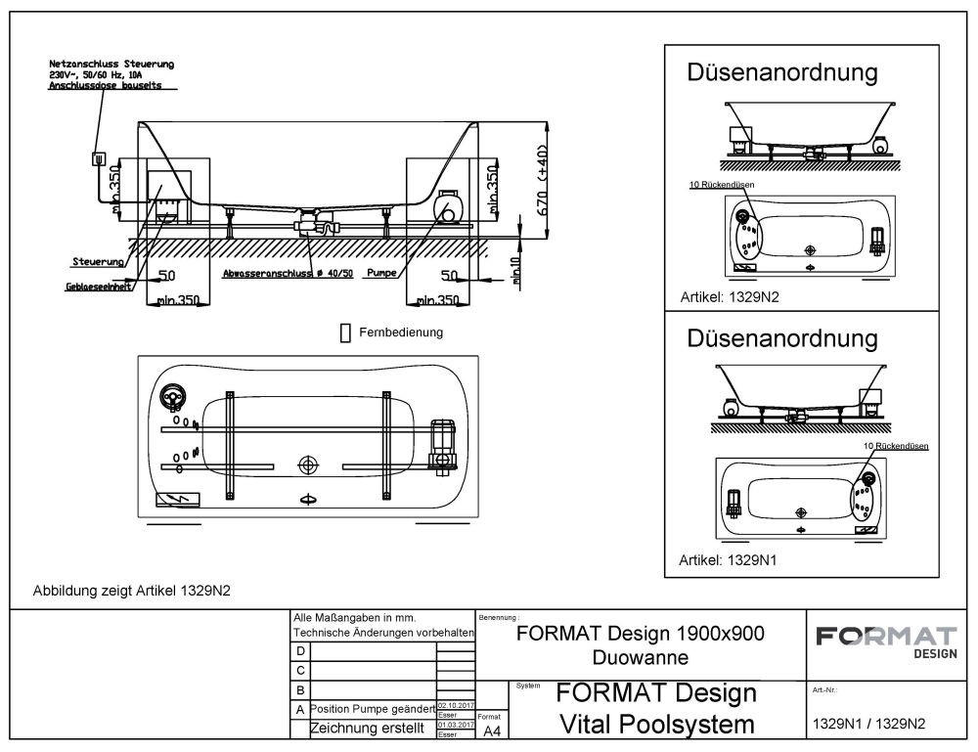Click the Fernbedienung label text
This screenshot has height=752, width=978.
(401, 332)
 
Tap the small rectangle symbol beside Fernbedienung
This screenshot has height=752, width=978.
(344, 333)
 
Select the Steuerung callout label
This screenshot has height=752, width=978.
(98, 262)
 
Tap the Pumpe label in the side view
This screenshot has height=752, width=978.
(380, 274)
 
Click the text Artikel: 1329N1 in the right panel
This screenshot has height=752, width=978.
(722, 560)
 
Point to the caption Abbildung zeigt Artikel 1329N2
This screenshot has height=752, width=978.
(133, 590)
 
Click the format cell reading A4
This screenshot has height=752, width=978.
(491, 730)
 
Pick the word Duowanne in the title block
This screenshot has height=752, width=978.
(639, 656)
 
